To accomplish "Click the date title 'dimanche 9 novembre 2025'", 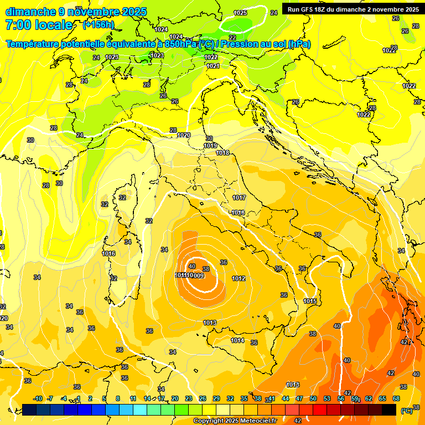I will (76, 12).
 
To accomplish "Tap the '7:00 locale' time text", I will (39, 25).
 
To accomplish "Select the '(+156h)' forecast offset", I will (98, 25).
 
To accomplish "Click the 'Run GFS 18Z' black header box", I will (353, 9).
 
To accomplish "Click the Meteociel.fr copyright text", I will (235, 421).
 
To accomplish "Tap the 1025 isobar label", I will (240, 13).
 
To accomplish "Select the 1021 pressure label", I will (213, 66).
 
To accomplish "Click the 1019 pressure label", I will (210, 146).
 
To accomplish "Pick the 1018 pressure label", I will (222, 153).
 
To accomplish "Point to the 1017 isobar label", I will (239, 198).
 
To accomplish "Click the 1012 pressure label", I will (239, 278).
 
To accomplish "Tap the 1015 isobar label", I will (310, 301).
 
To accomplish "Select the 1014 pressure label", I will (237, 340).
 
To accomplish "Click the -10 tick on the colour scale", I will (38, 398).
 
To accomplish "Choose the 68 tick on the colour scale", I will (396, 398).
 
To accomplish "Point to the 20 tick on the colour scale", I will (174, 398).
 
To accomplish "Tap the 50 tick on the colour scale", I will (313, 398).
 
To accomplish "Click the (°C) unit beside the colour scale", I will (407, 411).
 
